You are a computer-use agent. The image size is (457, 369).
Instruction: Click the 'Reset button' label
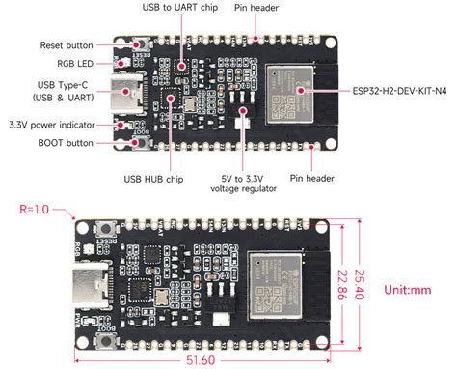click(x=67, y=45)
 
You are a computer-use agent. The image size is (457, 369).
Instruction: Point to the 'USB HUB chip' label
click(x=153, y=179)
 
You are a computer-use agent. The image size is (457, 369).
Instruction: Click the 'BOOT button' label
click(x=67, y=143)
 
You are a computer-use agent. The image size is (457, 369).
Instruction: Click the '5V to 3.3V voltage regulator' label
click(x=240, y=184)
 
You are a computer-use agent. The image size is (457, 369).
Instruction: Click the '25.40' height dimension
click(x=360, y=279)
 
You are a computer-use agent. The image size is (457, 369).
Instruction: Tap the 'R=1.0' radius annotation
click(x=35, y=209)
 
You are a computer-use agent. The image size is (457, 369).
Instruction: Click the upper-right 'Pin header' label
click(x=259, y=9)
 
